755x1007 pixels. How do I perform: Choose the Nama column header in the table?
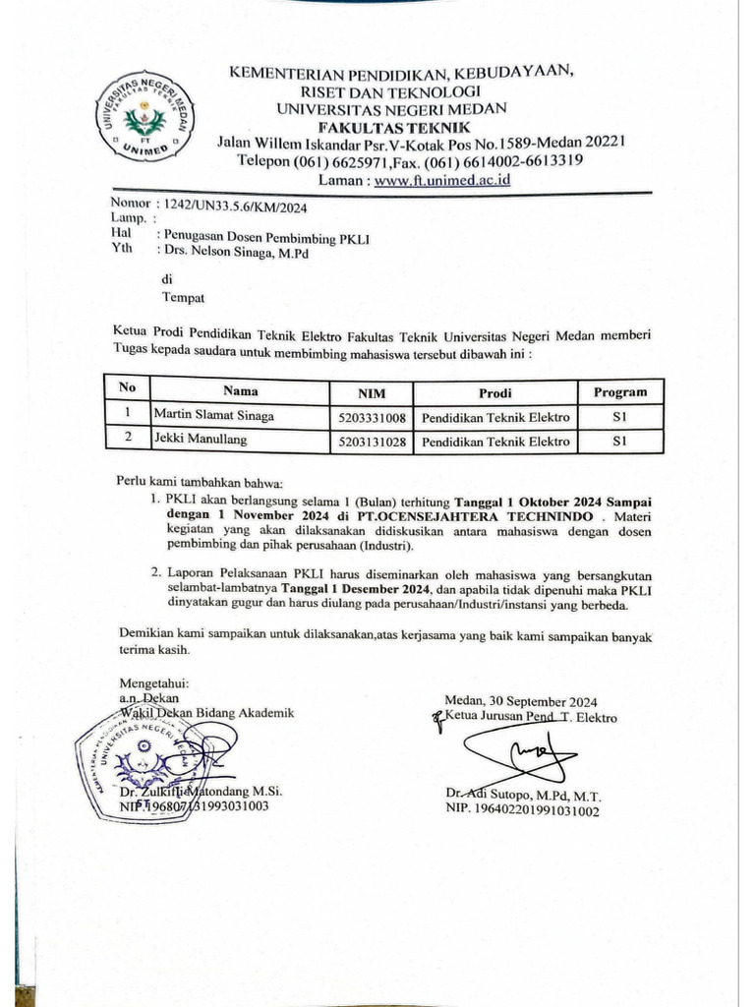240,391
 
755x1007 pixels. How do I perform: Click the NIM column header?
371,393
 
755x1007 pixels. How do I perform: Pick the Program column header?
619,392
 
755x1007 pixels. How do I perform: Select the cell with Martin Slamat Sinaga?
213,416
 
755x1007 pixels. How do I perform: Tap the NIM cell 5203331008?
371,418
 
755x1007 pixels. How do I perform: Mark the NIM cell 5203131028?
371,443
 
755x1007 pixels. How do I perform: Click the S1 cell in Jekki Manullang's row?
618,443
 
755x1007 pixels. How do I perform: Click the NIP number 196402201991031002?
521,811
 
